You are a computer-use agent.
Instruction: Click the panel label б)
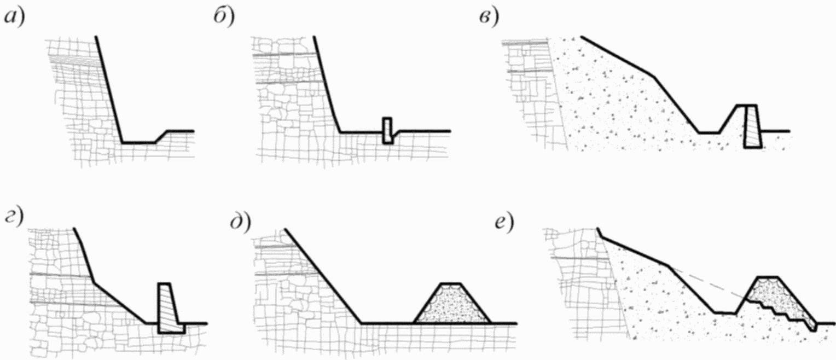coord(223,19)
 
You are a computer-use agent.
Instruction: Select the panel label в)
coord(487,19)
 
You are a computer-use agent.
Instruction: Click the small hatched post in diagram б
coord(387,131)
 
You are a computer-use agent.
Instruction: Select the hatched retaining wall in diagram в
coord(752,127)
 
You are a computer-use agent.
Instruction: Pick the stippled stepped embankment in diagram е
coord(777,298)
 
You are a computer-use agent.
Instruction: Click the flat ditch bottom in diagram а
coord(138,143)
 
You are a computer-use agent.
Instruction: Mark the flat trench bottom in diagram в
coord(708,132)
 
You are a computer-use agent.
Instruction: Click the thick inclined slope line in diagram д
coord(323,276)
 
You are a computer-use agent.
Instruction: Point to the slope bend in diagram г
coord(94,283)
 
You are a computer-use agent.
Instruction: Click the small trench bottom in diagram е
coord(724,312)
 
